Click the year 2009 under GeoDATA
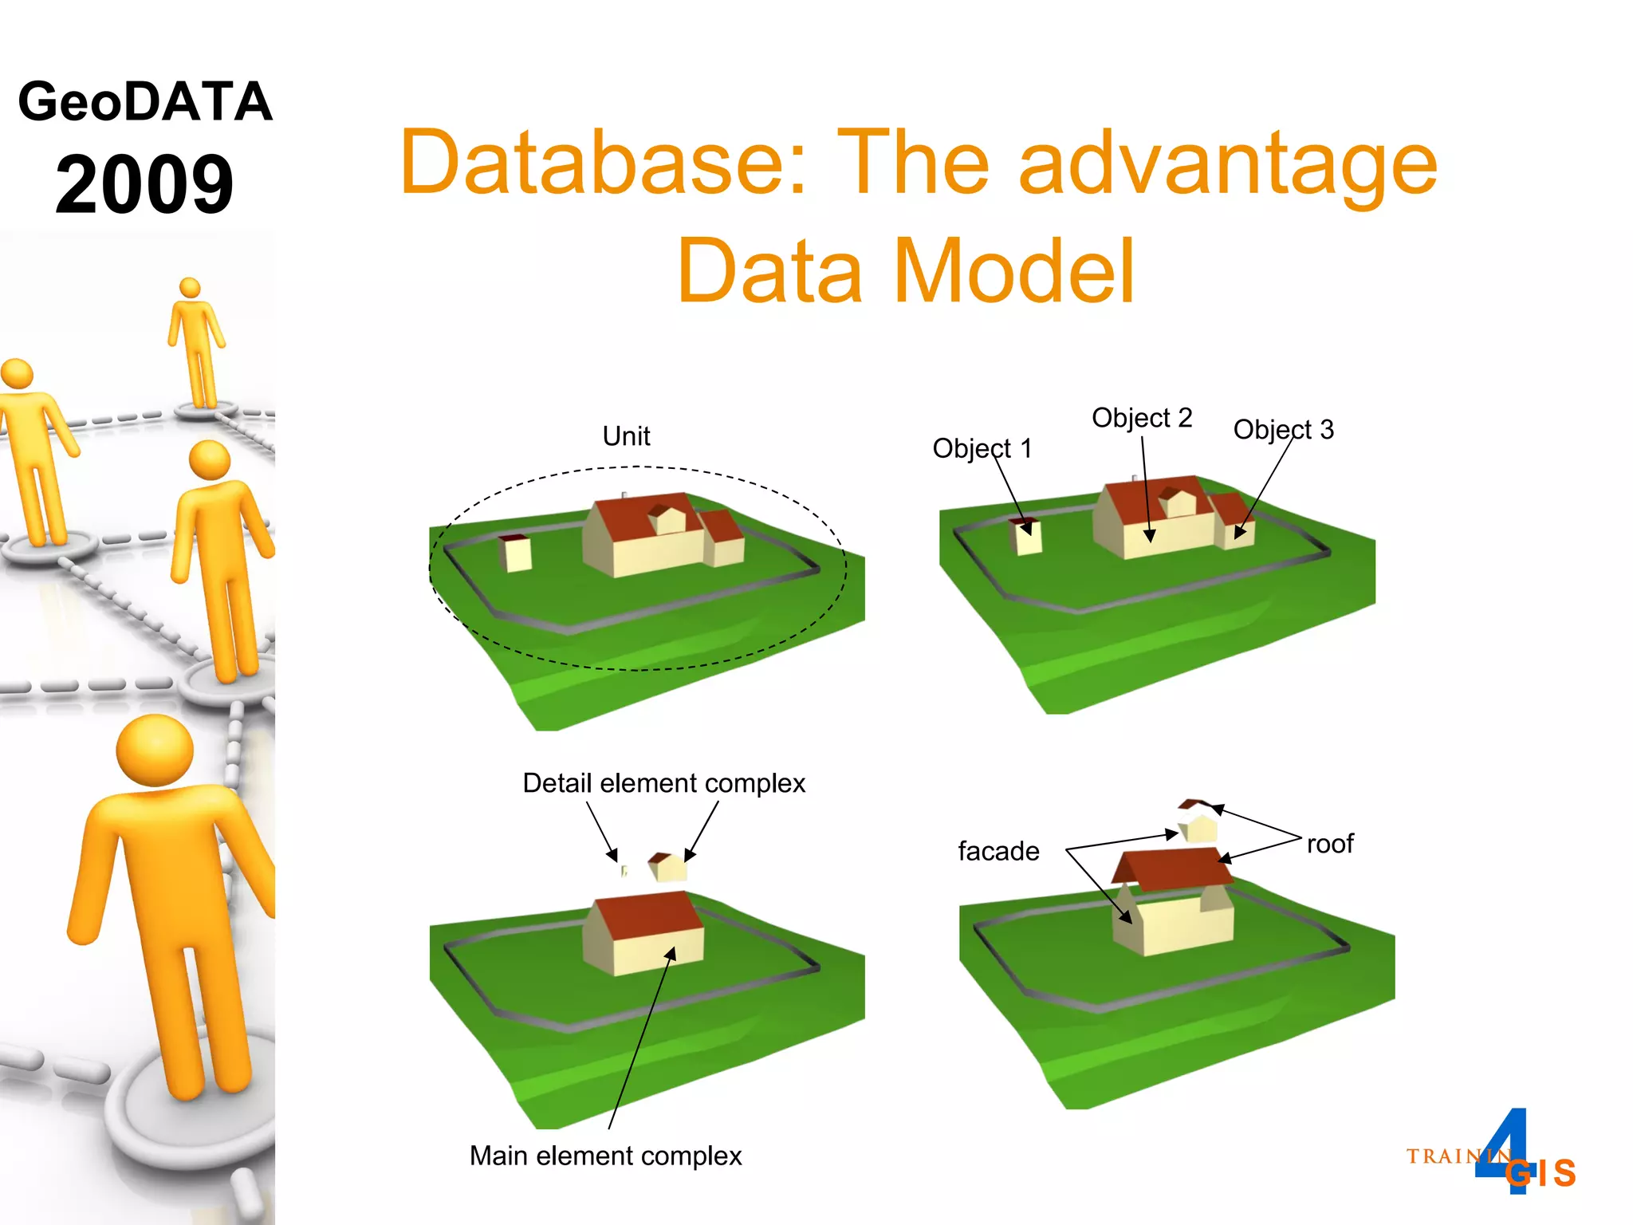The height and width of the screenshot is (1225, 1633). pyautogui.click(x=144, y=185)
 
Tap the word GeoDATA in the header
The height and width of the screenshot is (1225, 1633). pyautogui.click(x=145, y=102)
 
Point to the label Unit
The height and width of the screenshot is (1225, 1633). pyautogui.click(x=626, y=436)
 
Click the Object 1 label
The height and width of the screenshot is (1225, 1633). pyautogui.click(x=982, y=448)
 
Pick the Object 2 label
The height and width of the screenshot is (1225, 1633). pyautogui.click(x=1141, y=418)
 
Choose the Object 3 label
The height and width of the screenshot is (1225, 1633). pyautogui.click(x=1283, y=430)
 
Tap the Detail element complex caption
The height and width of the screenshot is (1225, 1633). pyautogui.click(x=663, y=783)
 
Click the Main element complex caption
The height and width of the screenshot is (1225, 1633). pyautogui.click(x=605, y=1156)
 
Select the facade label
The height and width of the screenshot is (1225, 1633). pyautogui.click(x=998, y=851)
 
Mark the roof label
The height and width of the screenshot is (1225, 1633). pyautogui.click(x=1329, y=844)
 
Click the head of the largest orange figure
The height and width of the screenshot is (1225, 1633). pyautogui.click(x=154, y=750)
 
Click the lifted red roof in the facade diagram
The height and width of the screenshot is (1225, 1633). pyautogui.click(x=1172, y=869)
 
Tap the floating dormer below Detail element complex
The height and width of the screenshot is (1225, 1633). pyautogui.click(x=667, y=866)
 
